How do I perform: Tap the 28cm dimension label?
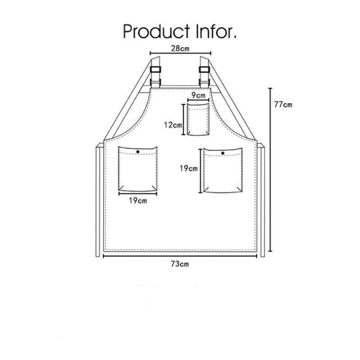pyautogui.click(x=180, y=48)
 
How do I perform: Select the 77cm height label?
pyautogui.click(x=283, y=105)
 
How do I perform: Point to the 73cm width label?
pyautogui.click(x=180, y=264)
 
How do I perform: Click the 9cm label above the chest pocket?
pyautogui.click(x=198, y=95)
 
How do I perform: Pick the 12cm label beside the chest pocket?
pyautogui.click(x=173, y=125)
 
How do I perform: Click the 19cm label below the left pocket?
pyautogui.click(x=138, y=200)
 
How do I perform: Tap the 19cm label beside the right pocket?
pyautogui.click(x=188, y=168)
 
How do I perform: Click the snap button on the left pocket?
pyautogui.click(x=138, y=152)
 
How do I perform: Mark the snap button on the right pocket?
pyautogui.click(x=223, y=153)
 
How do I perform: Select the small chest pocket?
pyautogui.click(x=198, y=120)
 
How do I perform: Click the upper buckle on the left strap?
pyautogui.click(x=156, y=69)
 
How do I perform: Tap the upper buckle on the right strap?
pyautogui.click(x=204, y=69)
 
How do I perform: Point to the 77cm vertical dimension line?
pyautogui.click(x=271, y=170)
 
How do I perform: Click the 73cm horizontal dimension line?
pyautogui.click(x=180, y=256)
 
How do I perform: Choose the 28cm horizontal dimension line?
pyautogui.click(x=180, y=53)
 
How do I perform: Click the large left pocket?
pyautogui.click(x=138, y=169)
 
